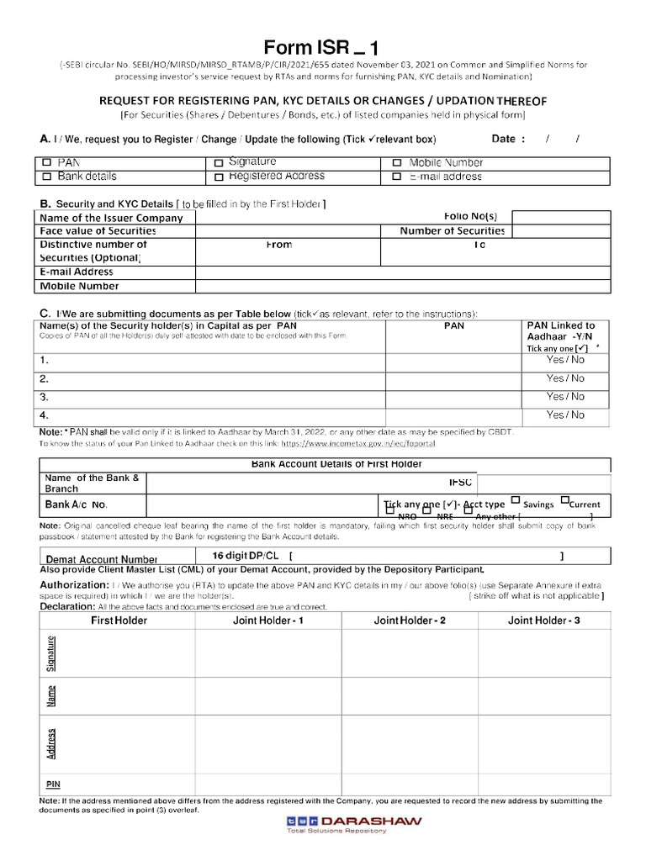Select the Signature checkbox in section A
219,163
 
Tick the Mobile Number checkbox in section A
397,163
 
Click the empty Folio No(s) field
560,218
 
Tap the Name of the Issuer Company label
111,218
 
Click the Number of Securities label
452,230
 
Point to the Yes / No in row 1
565,360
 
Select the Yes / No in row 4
565,415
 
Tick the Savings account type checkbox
515,500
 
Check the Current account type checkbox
565,500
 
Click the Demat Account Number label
102,559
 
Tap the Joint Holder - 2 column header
410,621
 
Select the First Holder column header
119,621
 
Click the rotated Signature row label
52,653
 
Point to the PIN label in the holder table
53,784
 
